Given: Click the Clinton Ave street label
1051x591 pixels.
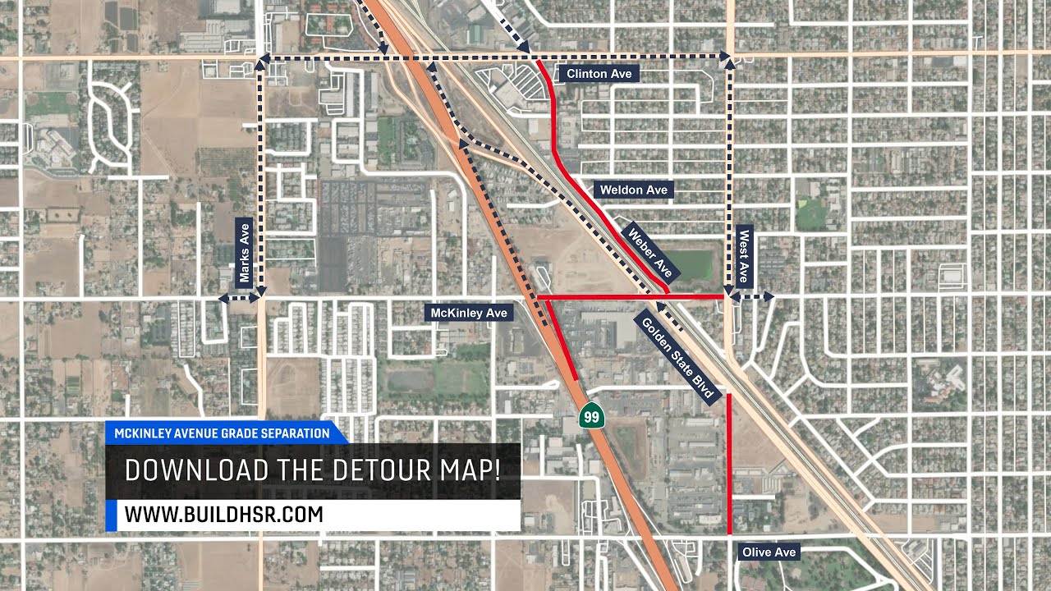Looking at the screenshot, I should point(599,74).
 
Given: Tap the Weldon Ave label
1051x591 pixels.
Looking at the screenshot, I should point(633,190).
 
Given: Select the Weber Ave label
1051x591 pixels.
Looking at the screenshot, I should point(651,251).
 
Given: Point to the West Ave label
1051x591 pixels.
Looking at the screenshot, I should point(744,255).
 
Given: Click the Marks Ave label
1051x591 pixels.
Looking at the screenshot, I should point(244,252).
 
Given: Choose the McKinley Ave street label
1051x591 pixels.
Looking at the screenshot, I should point(469,313).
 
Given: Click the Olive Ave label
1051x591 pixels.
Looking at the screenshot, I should point(769,552).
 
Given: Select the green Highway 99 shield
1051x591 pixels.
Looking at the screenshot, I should point(590,415).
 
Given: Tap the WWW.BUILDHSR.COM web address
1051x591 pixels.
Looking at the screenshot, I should point(223,515).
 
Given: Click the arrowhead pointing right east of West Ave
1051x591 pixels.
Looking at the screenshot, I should point(768,295).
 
